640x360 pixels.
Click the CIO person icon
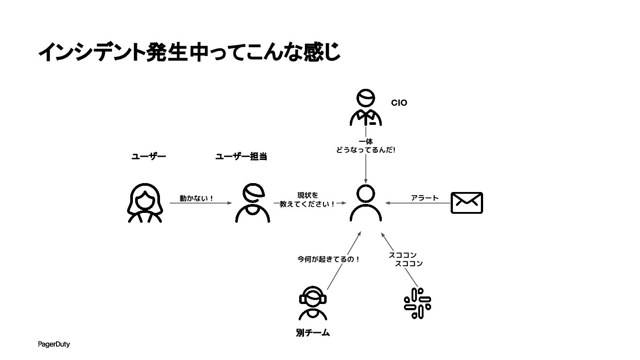[365, 108]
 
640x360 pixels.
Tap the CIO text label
[399, 103]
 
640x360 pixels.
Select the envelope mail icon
[467, 203]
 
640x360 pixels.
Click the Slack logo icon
[417, 304]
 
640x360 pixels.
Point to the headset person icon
[313, 303]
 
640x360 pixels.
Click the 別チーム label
[313, 333]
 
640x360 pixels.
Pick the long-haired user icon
[145, 203]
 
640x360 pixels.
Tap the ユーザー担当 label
[241, 156]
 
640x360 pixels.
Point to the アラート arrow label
[424, 198]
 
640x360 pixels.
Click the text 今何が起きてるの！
[328, 259]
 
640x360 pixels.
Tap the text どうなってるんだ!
[366, 150]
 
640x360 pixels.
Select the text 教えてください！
[308, 204]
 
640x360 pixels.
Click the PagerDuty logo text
[54, 344]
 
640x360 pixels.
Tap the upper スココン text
[402, 255]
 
